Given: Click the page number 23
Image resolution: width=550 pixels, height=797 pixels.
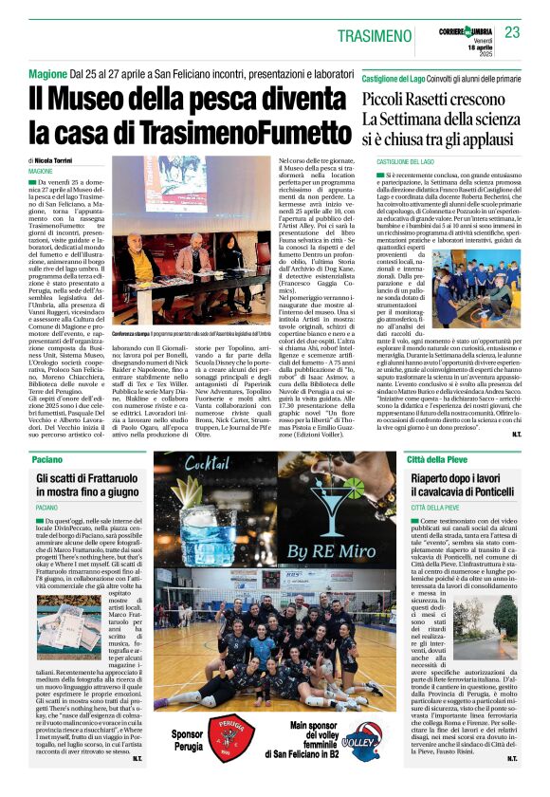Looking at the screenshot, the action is point(512,32).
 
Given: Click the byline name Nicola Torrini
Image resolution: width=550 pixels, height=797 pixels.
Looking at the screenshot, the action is point(62,162).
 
